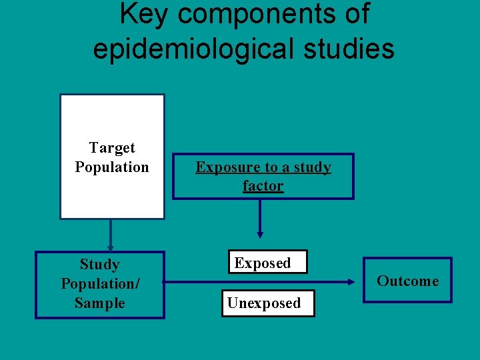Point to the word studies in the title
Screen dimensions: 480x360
(347, 48)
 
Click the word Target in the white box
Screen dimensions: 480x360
(112, 148)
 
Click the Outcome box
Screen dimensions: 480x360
(408, 281)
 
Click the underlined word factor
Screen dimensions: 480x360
(263, 186)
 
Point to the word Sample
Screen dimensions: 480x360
(100, 303)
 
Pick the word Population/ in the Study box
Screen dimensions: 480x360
(100, 284)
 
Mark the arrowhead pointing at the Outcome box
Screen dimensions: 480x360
(351, 282)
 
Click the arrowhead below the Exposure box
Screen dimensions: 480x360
(260, 234)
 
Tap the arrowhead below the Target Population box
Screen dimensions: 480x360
(111, 247)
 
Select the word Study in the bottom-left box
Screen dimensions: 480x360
(100, 265)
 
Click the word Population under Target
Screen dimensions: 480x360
(112, 167)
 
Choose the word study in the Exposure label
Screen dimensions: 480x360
(311, 167)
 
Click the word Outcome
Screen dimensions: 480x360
(408, 281)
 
